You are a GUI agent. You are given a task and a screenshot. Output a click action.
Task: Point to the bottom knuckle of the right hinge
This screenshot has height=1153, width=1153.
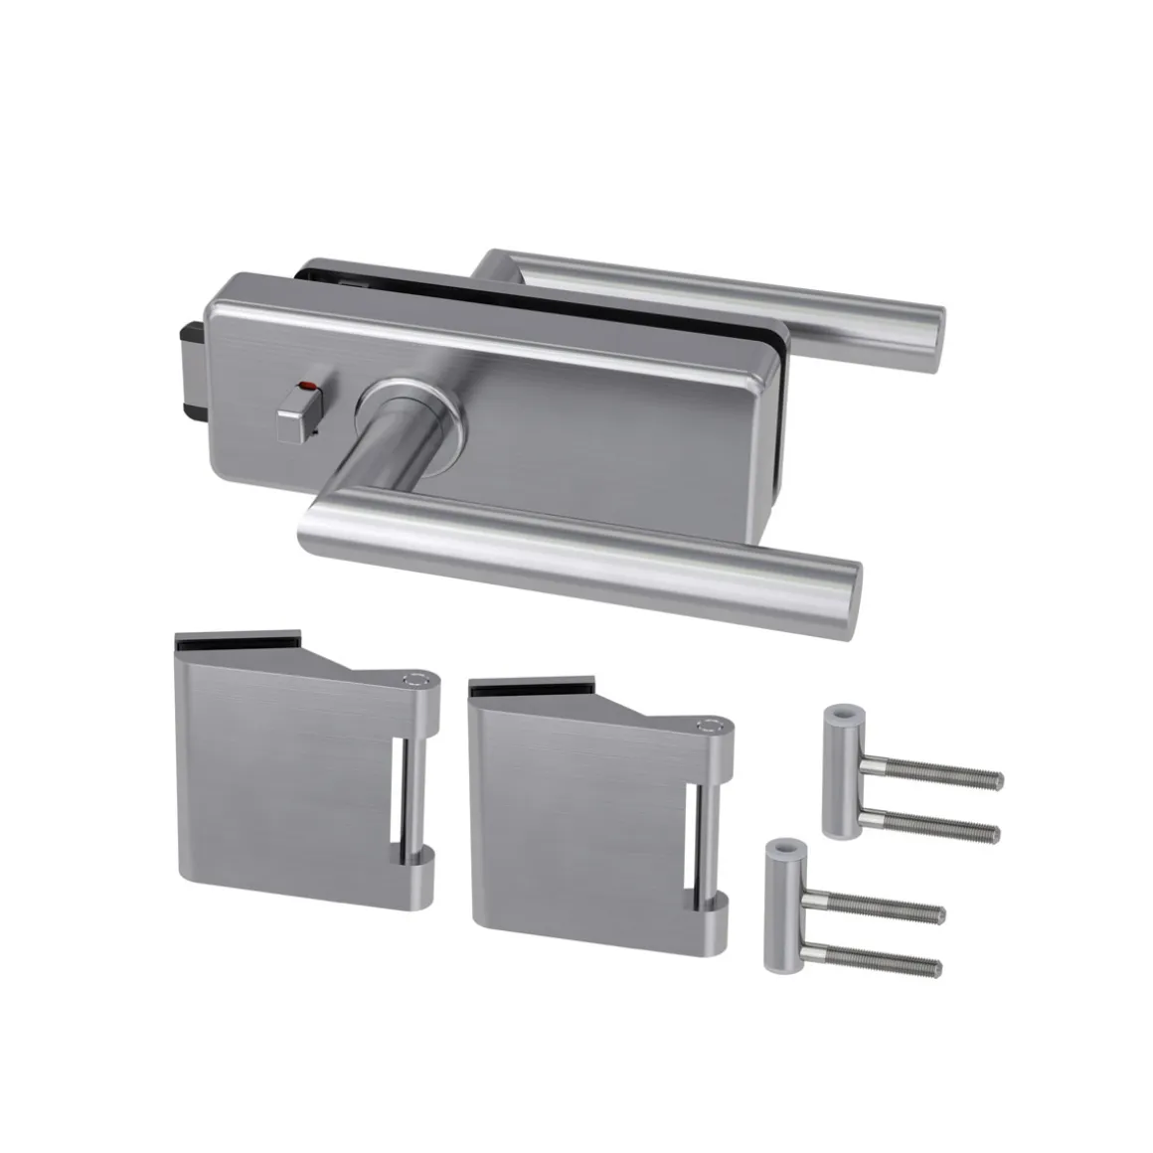coord(714,910)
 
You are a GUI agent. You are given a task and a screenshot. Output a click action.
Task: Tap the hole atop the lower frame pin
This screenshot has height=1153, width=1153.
coord(784,850)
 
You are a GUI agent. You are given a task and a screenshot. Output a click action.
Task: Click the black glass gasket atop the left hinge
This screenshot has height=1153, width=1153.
coord(239,640)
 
